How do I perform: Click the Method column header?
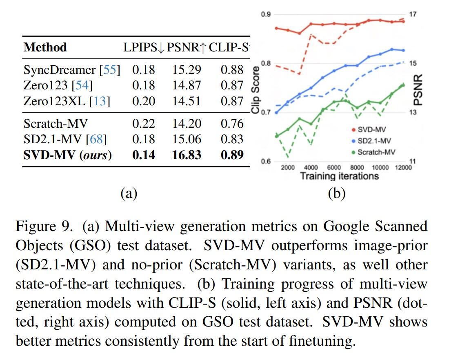pyautogui.click(x=45, y=47)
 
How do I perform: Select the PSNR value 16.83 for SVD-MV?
pyautogui.click(x=187, y=155)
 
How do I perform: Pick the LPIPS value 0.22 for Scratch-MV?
pyautogui.click(x=143, y=123)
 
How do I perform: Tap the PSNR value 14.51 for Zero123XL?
pyautogui.click(x=187, y=101)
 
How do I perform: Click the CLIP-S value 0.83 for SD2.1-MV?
pyautogui.click(x=232, y=139)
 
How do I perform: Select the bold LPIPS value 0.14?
pyautogui.click(x=143, y=155)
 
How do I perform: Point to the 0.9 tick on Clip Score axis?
pyautogui.click(x=266, y=15)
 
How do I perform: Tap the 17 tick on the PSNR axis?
pyautogui.click(x=413, y=15)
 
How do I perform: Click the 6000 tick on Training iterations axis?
pyautogui.click(x=334, y=168)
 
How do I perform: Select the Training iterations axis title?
pyautogui.click(x=339, y=176)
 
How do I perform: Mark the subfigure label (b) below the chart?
pyautogui.click(x=336, y=193)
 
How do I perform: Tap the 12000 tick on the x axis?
pyautogui.click(x=403, y=168)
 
